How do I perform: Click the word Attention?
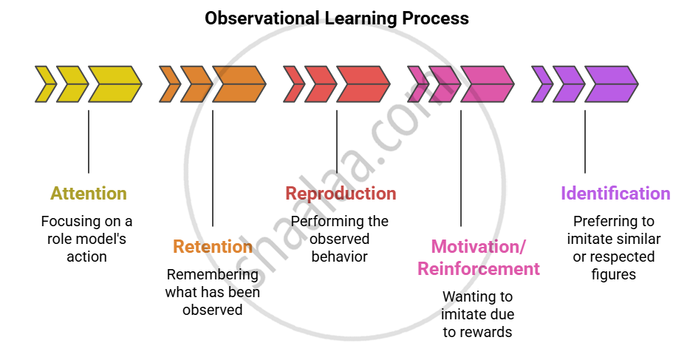tap(88, 194)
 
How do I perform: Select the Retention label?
tap(213, 246)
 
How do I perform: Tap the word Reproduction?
tap(341, 194)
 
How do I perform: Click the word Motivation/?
tap(480, 246)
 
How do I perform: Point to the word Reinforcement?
tap(479, 268)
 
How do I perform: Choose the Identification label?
tap(615, 194)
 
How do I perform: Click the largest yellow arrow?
tap(115, 84)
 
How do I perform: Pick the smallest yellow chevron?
tap(45, 84)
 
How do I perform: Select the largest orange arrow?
tap(239, 84)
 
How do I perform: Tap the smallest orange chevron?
tap(170, 84)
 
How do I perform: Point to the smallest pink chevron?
tap(418, 84)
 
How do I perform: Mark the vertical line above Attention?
tap(89, 141)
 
